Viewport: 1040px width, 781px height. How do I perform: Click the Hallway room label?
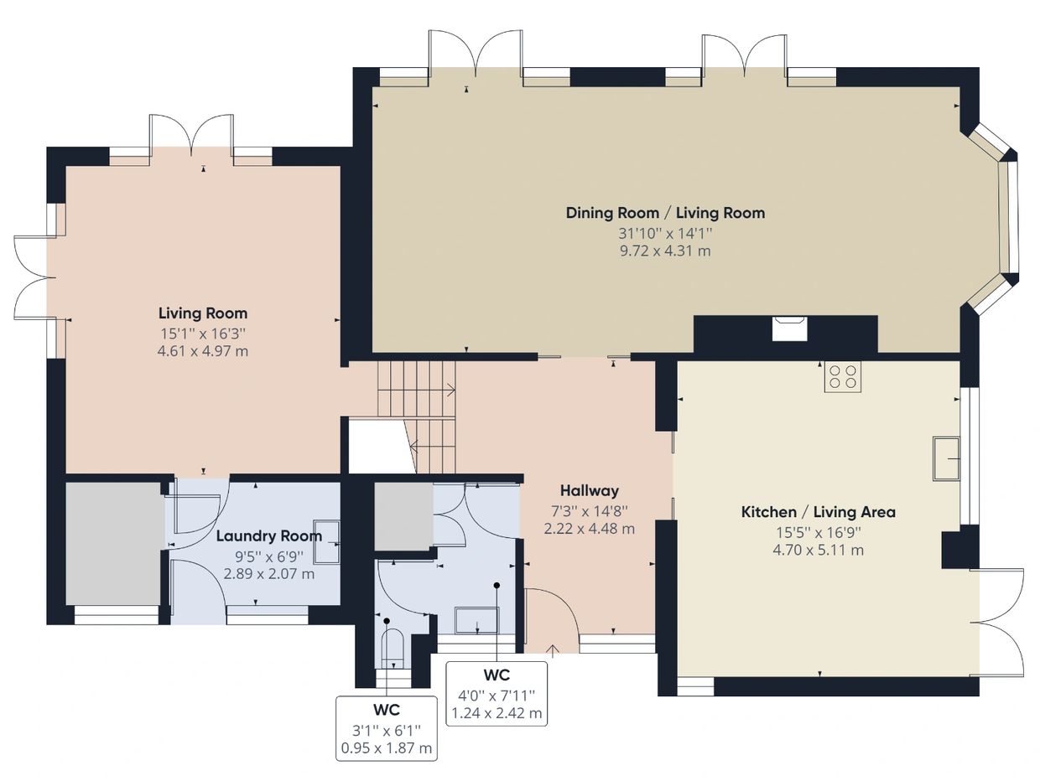coord(589,490)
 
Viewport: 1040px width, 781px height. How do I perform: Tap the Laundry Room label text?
coord(269,535)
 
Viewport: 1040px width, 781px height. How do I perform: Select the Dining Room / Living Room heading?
coord(665,213)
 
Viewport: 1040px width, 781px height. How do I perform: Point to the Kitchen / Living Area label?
coord(819,512)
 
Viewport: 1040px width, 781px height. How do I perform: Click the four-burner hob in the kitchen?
coord(843,377)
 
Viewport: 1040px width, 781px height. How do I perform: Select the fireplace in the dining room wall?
coord(789,328)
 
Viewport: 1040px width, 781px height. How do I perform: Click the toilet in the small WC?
coord(393,648)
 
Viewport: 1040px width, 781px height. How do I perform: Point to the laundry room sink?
coord(327,542)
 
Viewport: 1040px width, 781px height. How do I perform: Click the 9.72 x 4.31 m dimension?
coord(665,251)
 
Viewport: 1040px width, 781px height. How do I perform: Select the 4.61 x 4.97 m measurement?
coord(203,351)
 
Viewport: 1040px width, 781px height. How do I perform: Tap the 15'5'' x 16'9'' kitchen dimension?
coord(819,532)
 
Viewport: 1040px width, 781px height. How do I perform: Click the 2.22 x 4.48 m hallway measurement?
coord(589,529)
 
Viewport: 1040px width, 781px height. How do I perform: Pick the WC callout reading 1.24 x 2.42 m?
coord(497,694)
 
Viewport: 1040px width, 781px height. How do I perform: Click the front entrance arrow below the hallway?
coord(553,650)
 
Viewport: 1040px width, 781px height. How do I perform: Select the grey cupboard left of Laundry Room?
coord(112,543)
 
